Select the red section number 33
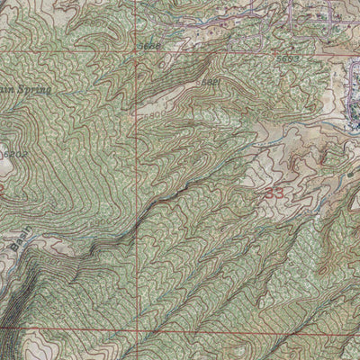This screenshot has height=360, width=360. point(274,193)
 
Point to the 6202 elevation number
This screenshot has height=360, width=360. point(11,155)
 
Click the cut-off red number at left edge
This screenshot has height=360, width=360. point(3,192)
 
